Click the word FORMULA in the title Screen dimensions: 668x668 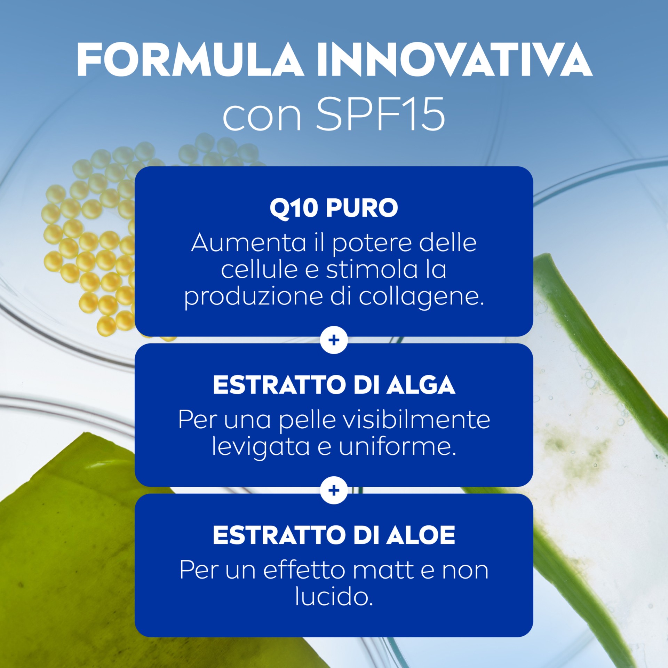tap(190, 60)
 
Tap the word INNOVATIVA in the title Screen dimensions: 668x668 tap(454, 60)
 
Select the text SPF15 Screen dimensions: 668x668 tap(380, 114)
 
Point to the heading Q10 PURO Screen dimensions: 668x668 tap(334, 208)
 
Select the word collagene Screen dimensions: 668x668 tap(421, 297)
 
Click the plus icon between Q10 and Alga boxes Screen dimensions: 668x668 tap(334, 340)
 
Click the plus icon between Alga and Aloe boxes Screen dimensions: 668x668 tap(334, 490)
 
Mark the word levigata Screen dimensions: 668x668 tap(261, 447)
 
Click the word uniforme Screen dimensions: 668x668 tap(397, 446)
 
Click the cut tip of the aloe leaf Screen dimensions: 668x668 tap(544, 261)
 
